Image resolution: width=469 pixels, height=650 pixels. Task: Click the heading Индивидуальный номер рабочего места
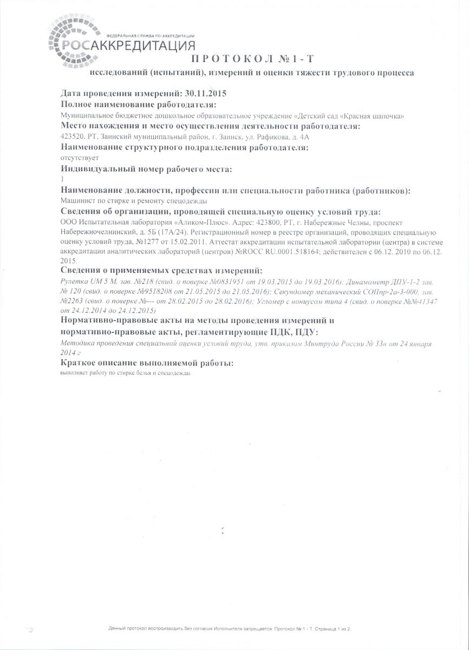pyautogui.click(x=146, y=170)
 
